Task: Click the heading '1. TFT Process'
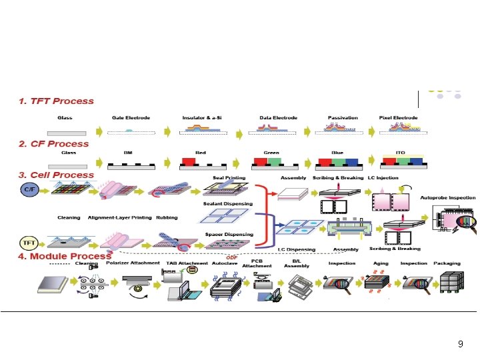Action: pyautogui.click(x=56, y=101)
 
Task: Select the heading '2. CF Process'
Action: pyautogui.click(x=53, y=143)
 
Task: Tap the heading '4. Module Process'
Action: pyautogui.click(x=65, y=256)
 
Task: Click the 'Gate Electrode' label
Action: pyautogui.click(x=131, y=118)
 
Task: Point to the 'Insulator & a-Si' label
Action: pyautogui.click(x=203, y=118)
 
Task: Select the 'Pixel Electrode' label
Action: pyautogui.click(x=399, y=118)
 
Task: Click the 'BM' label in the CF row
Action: pyautogui.click(x=128, y=153)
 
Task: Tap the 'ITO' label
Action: pyautogui.click(x=400, y=153)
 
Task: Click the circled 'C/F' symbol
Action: pyautogui.click(x=29, y=190)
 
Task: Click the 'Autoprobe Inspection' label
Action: pyautogui.click(x=448, y=198)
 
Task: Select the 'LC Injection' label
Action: pyautogui.click(x=383, y=178)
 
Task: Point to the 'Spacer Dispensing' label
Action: pyautogui.click(x=229, y=235)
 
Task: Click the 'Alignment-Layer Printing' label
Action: pyautogui.click(x=119, y=217)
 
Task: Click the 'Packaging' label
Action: pyautogui.click(x=447, y=263)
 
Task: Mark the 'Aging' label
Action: pyautogui.click(x=380, y=263)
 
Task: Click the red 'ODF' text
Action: pyautogui.click(x=232, y=257)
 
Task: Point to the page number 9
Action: pyautogui.click(x=460, y=344)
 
